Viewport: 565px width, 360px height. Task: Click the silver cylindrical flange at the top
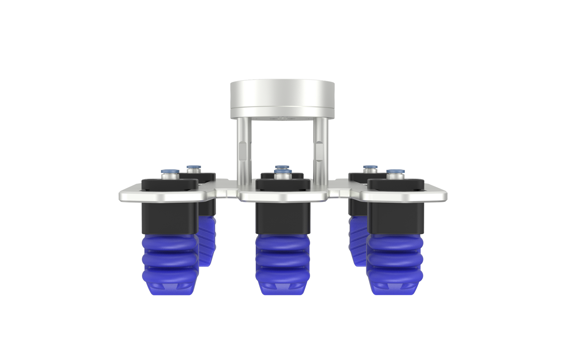click(x=282, y=99)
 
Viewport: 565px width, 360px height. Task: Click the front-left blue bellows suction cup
click(x=169, y=262)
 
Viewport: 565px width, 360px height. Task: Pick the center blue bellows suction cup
click(x=282, y=262)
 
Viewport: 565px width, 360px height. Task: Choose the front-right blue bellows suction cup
click(x=395, y=262)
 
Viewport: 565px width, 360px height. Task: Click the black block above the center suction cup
click(x=282, y=217)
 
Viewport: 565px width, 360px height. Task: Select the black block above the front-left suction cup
click(x=169, y=217)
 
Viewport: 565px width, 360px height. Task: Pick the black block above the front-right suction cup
click(x=396, y=217)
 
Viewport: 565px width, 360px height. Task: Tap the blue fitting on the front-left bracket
click(x=169, y=171)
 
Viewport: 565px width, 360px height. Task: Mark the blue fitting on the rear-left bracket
click(x=192, y=167)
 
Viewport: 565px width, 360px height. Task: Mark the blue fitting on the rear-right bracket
click(x=369, y=167)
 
